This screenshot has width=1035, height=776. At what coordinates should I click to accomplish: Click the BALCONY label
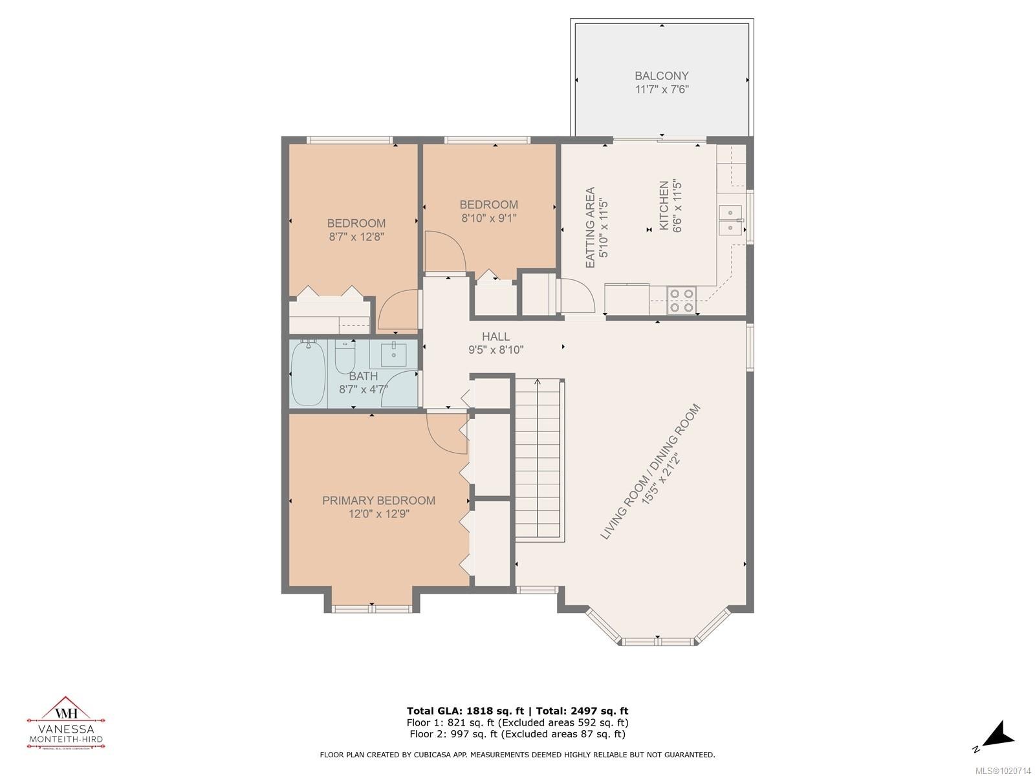[x=661, y=76]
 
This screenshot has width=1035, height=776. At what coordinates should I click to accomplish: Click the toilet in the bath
[x=345, y=358]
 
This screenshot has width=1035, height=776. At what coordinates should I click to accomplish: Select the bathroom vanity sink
[x=393, y=354]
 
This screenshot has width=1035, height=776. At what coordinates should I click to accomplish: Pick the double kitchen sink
[x=730, y=221]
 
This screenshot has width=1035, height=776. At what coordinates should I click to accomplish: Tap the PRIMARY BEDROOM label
[x=378, y=501]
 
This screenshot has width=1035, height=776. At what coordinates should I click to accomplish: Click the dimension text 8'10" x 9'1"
[x=489, y=219]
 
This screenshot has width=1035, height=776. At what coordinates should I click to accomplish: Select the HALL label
[x=496, y=337]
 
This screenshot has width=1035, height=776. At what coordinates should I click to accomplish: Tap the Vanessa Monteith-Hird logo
[x=65, y=723]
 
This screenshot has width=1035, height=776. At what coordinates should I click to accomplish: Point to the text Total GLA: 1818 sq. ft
[x=461, y=711]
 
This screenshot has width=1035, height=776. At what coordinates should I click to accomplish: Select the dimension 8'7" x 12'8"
[x=356, y=237]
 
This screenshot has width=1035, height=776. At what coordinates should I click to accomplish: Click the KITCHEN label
[x=664, y=206]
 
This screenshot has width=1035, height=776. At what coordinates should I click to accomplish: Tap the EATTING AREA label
[x=590, y=228]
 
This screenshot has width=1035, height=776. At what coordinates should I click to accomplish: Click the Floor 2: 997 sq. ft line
[x=517, y=734]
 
